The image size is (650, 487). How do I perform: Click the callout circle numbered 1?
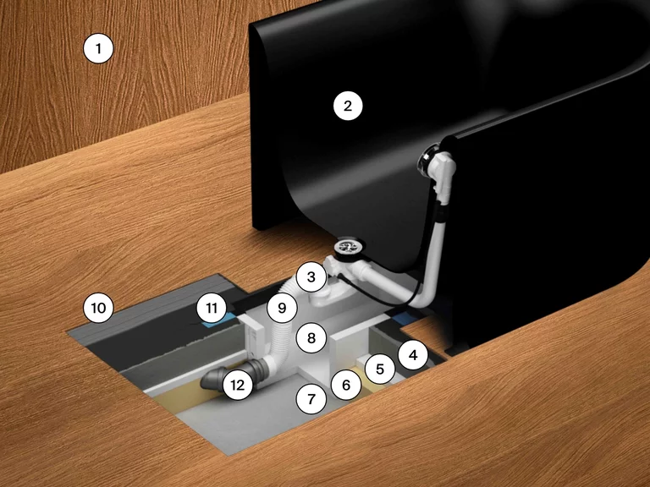tap(98, 49)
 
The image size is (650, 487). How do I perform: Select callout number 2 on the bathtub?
tap(348, 106)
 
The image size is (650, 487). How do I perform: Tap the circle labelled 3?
tap(311, 276)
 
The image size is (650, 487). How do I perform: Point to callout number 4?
tap(413, 355)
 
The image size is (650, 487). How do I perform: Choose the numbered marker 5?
tap(380, 369)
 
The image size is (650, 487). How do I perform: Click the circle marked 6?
tap(346, 386)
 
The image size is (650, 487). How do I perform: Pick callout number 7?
tap(311, 399)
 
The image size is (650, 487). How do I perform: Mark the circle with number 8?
tap(311, 338)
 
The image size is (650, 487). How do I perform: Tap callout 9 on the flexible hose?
tap(282, 308)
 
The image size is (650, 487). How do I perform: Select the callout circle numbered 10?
tap(98, 308)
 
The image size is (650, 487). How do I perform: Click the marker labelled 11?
tap(212, 308)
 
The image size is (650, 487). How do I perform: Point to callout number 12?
tap(238, 386)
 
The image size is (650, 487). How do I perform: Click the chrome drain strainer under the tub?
tap(348, 247)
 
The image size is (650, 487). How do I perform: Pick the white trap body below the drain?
tap(328, 295)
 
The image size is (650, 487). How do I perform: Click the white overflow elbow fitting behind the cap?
tap(443, 170)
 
